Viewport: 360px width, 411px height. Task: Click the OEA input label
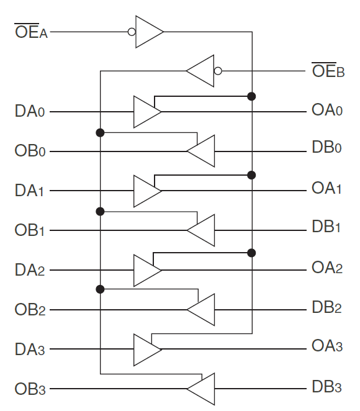31,31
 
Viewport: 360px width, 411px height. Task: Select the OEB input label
328,70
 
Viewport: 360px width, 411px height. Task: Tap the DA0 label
30,111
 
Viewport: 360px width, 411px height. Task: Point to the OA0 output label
327,110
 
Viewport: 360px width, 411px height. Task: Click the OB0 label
30,151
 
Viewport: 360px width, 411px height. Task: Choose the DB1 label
326,227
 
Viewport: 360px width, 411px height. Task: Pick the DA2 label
30,269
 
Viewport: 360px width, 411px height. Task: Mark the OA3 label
327,345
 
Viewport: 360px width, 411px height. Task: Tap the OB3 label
30,389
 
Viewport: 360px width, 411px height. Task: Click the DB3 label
326,387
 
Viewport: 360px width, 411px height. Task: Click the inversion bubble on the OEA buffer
132,32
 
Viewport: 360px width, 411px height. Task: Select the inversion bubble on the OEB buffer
218,71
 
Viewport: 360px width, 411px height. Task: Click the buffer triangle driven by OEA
150,32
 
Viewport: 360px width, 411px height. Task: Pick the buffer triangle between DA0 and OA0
147,112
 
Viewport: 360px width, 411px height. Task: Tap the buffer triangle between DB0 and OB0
200,151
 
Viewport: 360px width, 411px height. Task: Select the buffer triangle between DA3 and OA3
147,350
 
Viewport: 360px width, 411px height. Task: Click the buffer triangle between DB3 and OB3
200,389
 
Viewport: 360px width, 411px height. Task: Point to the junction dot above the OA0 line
251,96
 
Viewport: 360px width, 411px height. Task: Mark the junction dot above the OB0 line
100,133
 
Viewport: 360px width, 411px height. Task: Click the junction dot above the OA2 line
251,253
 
